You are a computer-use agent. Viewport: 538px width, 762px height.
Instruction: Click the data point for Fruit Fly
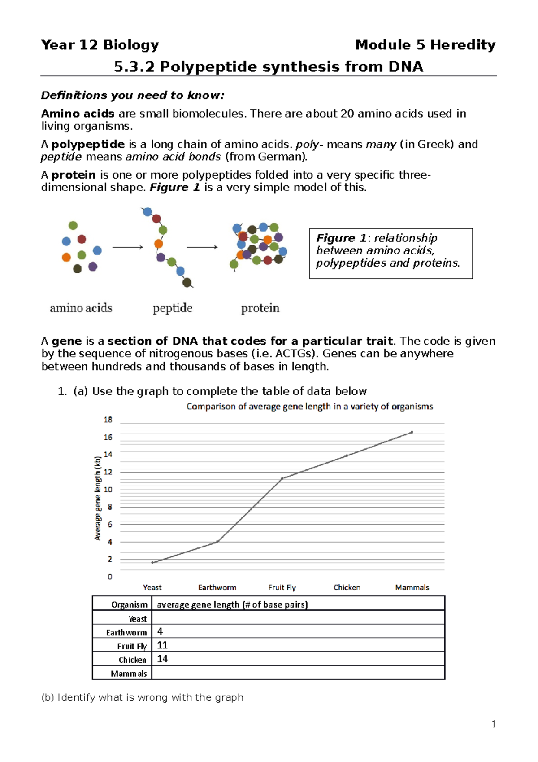point(282,478)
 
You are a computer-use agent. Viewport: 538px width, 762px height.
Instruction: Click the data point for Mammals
point(412,432)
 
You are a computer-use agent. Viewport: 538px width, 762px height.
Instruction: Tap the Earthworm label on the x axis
point(217,587)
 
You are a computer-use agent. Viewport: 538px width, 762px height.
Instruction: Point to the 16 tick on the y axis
point(108,437)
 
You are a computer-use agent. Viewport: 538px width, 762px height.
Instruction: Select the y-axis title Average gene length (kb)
point(98,498)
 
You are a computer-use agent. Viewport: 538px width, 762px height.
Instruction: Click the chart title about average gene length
point(309,407)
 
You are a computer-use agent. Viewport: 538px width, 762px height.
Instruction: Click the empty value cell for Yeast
point(298,618)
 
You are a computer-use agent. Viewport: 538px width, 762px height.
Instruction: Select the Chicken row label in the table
point(132,660)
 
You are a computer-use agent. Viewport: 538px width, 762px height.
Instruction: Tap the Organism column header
point(129,604)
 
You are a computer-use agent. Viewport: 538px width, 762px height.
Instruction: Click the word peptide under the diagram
point(173,308)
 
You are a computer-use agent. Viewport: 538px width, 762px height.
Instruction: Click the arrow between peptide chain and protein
point(202,247)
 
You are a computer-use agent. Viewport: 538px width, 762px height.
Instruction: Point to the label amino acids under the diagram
point(81,308)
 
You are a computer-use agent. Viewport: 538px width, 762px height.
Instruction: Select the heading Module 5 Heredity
point(425,45)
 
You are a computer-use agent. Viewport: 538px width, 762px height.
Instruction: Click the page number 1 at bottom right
point(494,724)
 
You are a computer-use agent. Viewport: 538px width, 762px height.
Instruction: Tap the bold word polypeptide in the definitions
point(88,144)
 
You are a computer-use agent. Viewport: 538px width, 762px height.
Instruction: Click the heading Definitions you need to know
point(132,95)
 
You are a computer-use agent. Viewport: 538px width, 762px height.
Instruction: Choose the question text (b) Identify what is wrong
point(142,697)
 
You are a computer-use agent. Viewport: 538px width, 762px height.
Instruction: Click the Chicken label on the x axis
point(347,587)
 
